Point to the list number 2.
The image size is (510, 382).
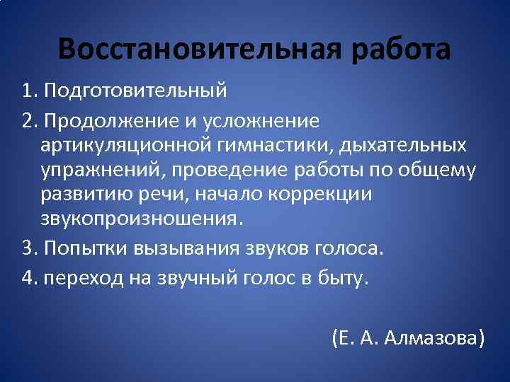[x=29, y=122]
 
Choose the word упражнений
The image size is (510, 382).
[x=104, y=170]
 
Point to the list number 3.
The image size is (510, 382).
[x=29, y=248]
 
